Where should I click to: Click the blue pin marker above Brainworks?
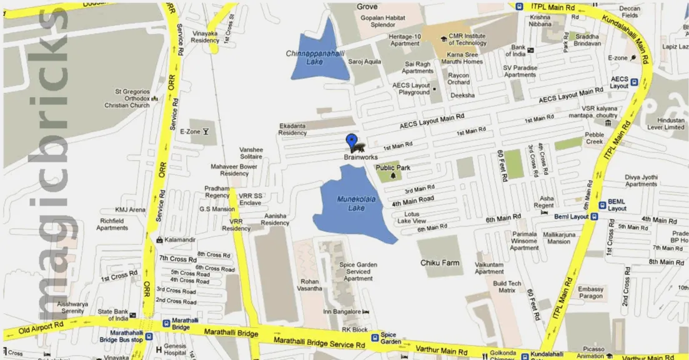tap(352, 141)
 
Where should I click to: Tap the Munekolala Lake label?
tap(351, 203)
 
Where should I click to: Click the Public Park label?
tap(393, 167)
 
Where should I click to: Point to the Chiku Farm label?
tap(440, 262)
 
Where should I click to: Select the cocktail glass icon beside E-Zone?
tap(206, 131)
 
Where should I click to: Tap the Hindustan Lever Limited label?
tap(666, 123)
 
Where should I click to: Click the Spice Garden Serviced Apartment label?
tap(358, 271)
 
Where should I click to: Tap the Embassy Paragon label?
tap(590, 292)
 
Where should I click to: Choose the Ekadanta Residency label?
tap(292, 129)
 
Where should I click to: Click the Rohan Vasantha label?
tap(310, 285)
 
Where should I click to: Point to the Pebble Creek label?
tap(594, 138)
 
